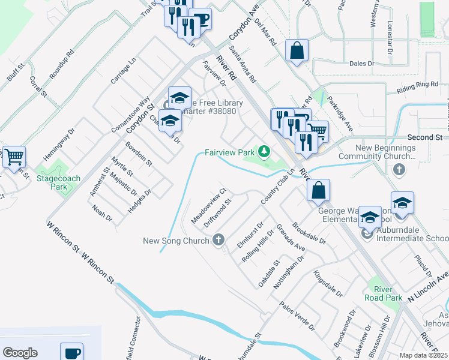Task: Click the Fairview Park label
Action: (x=230, y=153)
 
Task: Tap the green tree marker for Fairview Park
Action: (x=263, y=150)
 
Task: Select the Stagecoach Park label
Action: (x=58, y=182)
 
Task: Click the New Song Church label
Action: (x=176, y=241)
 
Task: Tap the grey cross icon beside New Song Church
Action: (x=218, y=241)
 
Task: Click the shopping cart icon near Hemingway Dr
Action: (x=14, y=157)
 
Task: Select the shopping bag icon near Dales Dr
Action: (x=297, y=51)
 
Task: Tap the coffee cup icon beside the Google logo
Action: (x=72, y=352)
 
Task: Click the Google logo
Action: (x=20, y=353)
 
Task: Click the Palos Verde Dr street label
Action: (x=297, y=316)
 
